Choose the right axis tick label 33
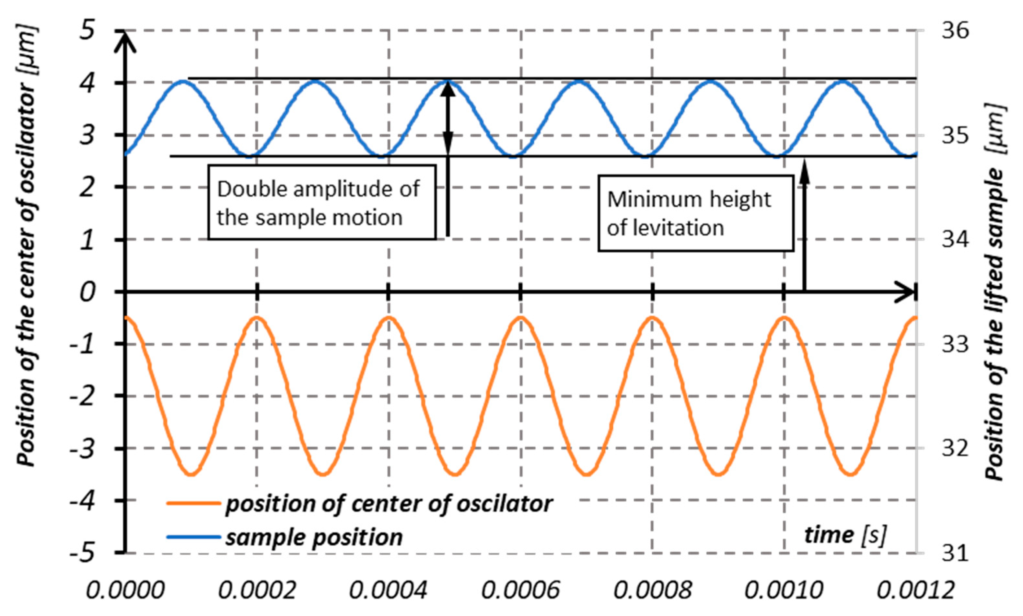(955, 344)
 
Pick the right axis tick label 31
(955, 553)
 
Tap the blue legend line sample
(193, 537)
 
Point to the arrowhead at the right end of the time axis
(907, 292)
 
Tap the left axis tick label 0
(87, 292)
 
